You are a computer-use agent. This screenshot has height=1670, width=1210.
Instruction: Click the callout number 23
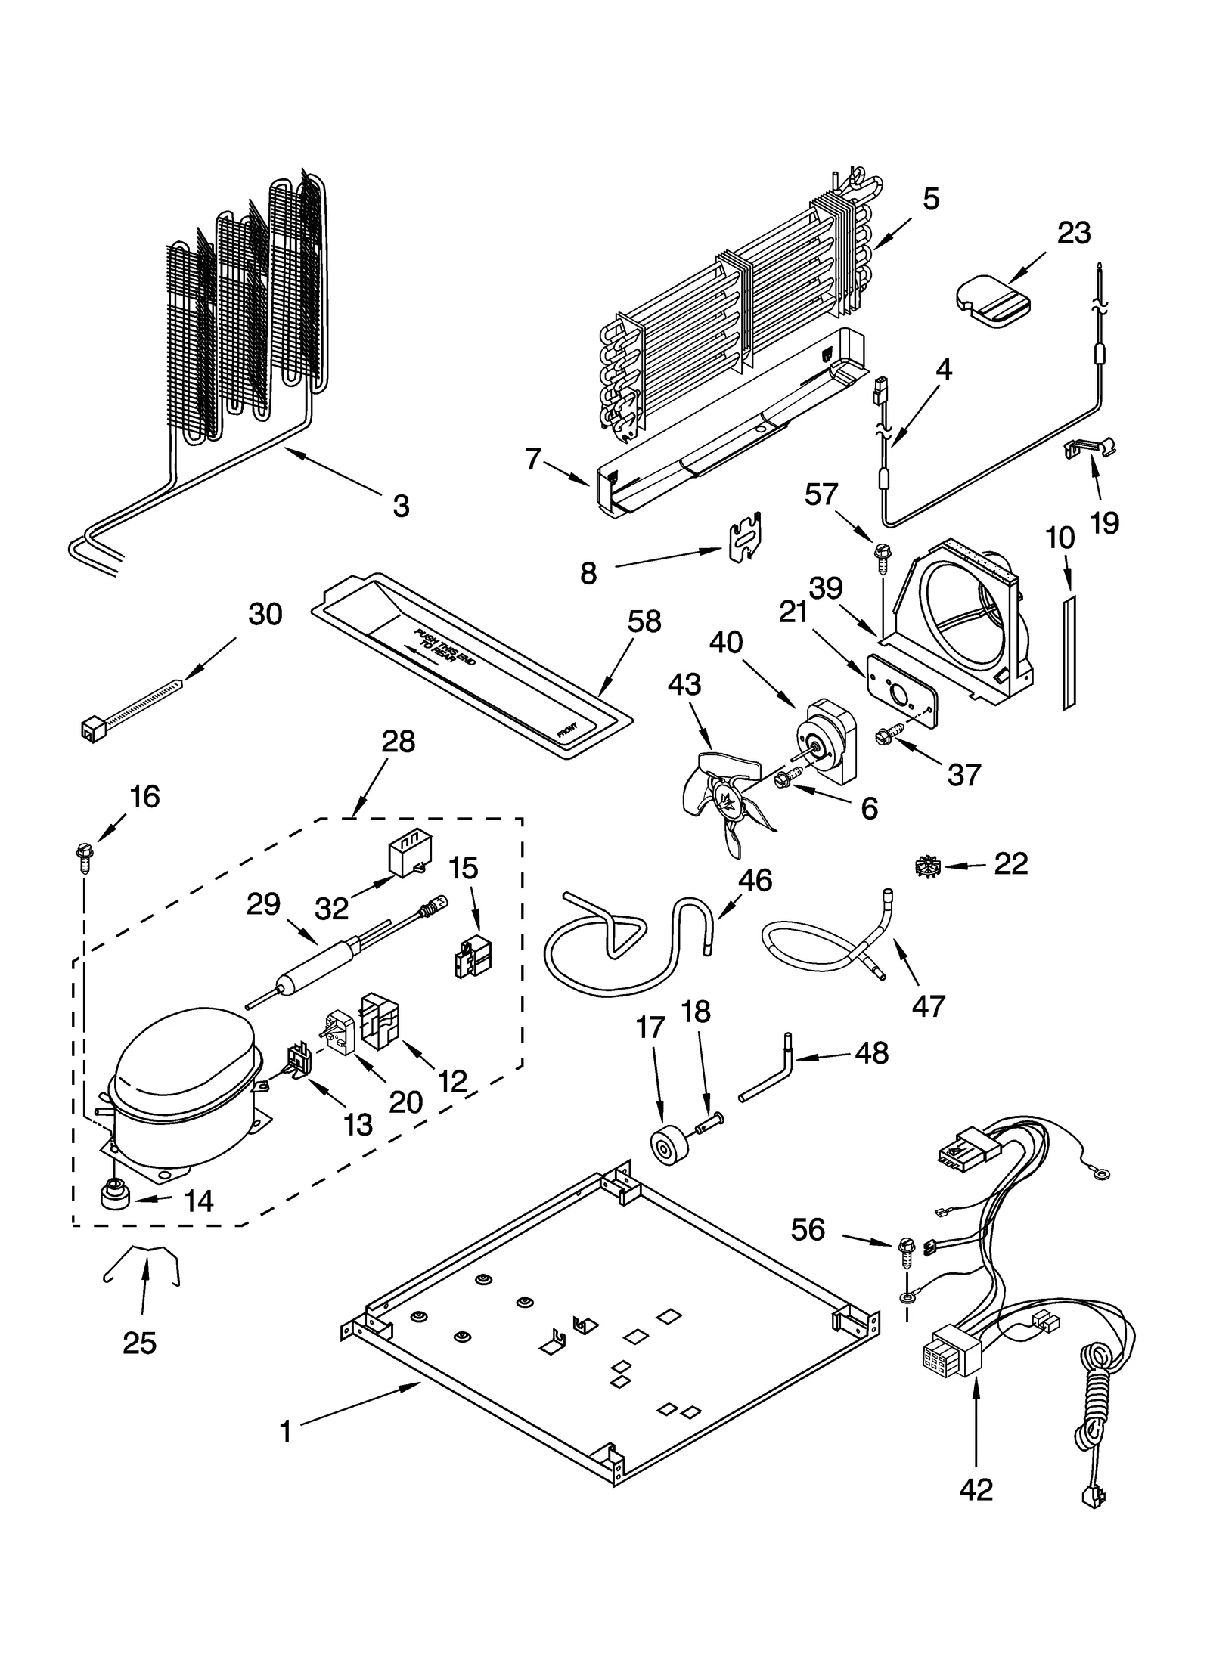pyautogui.click(x=1073, y=232)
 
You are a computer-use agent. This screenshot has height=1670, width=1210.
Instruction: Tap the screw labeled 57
pyautogui.click(x=882, y=551)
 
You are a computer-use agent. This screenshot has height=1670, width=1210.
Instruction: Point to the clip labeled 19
pyautogui.click(x=1089, y=449)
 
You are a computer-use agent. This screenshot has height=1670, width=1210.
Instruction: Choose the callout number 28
pyautogui.click(x=398, y=742)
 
